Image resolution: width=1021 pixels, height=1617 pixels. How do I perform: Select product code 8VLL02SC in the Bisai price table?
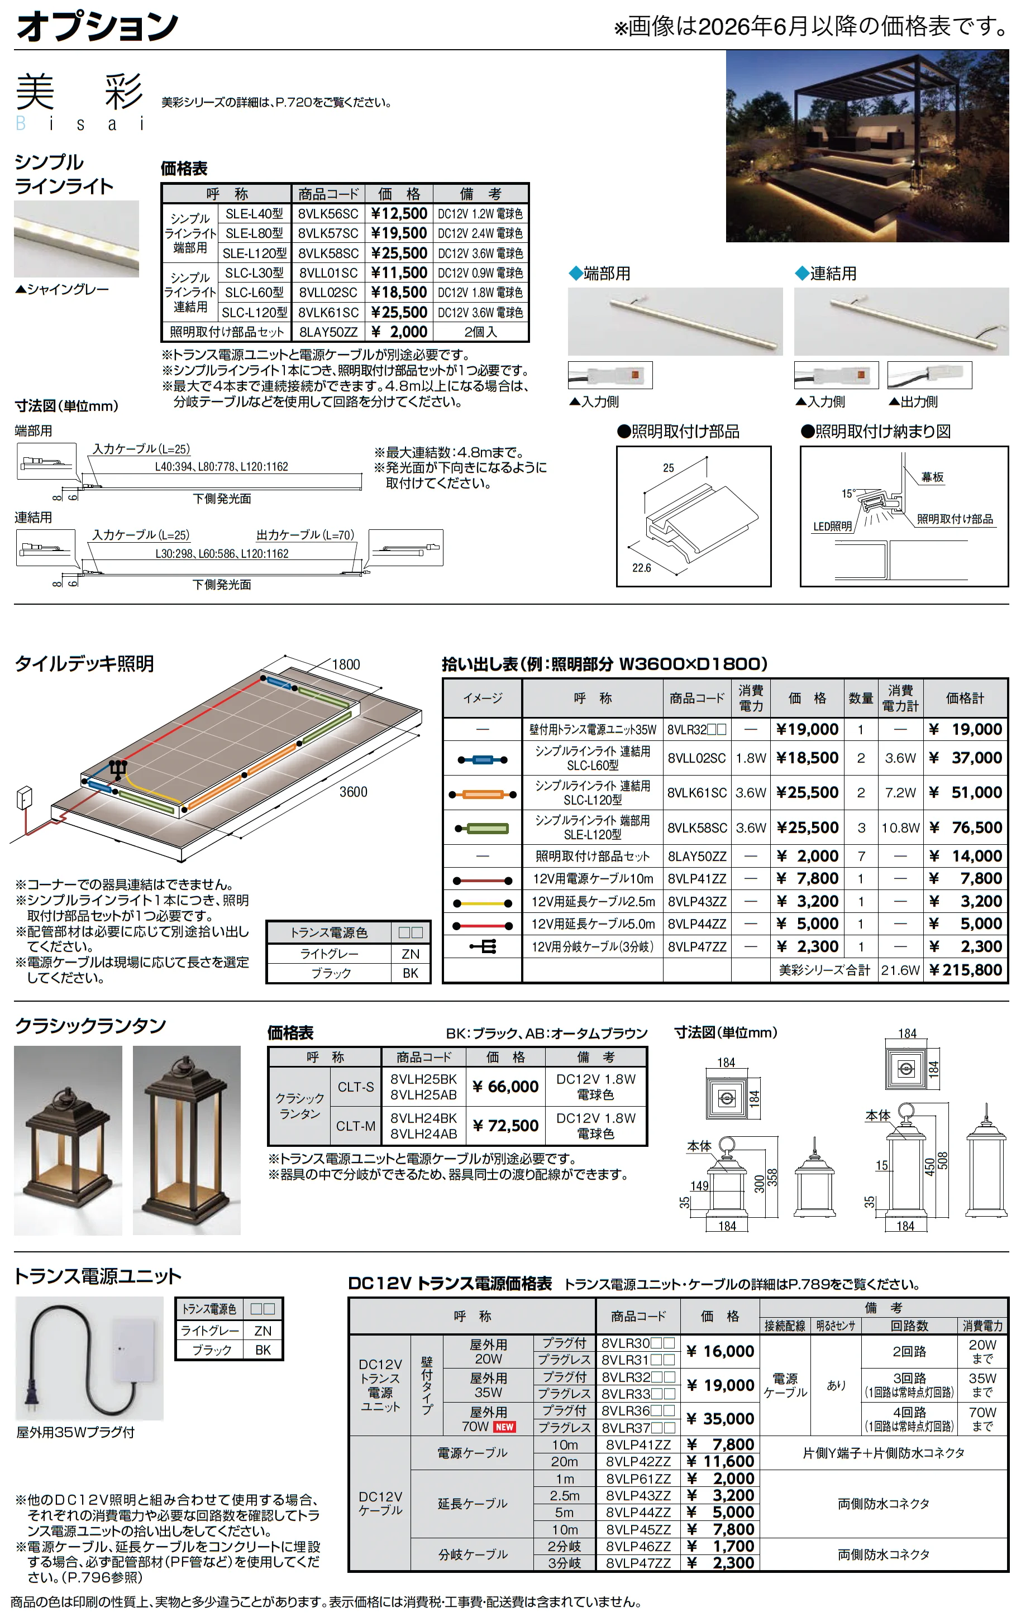pyautogui.click(x=328, y=293)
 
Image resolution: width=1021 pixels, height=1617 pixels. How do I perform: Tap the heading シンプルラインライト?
pyautogui.click(x=64, y=174)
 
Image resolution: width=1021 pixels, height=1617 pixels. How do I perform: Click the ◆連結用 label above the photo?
pyautogui.click(x=826, y=273)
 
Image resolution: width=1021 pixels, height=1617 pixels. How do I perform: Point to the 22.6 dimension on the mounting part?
pyautogui.click(x=642, y=568)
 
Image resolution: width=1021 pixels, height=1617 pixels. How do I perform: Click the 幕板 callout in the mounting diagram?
pyautogui.click(x=932, y=477)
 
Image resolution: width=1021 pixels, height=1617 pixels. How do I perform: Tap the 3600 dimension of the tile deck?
pyautogui.click(x=354, y=792)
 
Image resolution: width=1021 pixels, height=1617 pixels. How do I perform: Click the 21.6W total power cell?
pyautogui.click(x=900, y=970)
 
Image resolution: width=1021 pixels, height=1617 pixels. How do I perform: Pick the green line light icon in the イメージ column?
pyautogui.click(x=482, y=828)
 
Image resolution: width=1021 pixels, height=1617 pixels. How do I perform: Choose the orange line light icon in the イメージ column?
pyautogui.click(x=482, y=795)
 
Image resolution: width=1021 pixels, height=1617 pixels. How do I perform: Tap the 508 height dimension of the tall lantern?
pyautogui.click(x=942, y=1160)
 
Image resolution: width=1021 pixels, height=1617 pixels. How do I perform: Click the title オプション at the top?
pyautogui.click(x=97, y=27)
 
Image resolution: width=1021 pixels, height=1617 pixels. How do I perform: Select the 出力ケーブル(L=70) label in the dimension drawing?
pyautogui.click(x=306, y=534)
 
